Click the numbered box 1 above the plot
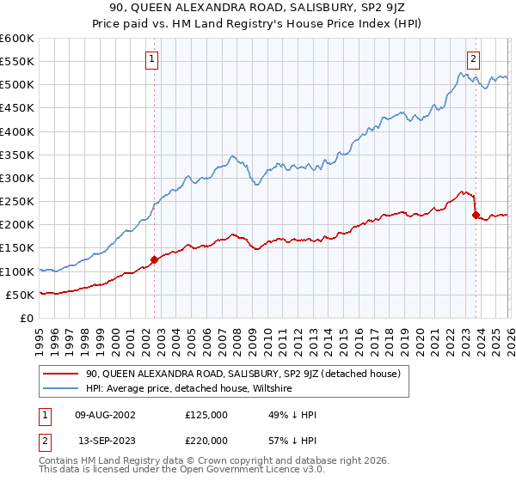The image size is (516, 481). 152,59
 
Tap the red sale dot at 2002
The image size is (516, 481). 154,259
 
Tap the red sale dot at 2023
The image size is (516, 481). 476,215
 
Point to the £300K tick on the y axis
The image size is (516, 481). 17,178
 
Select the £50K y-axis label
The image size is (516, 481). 20,295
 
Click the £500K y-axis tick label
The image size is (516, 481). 17,85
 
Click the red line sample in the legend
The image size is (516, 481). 62,374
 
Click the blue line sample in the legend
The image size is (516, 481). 62,389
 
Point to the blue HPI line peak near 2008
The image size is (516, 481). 232,156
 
